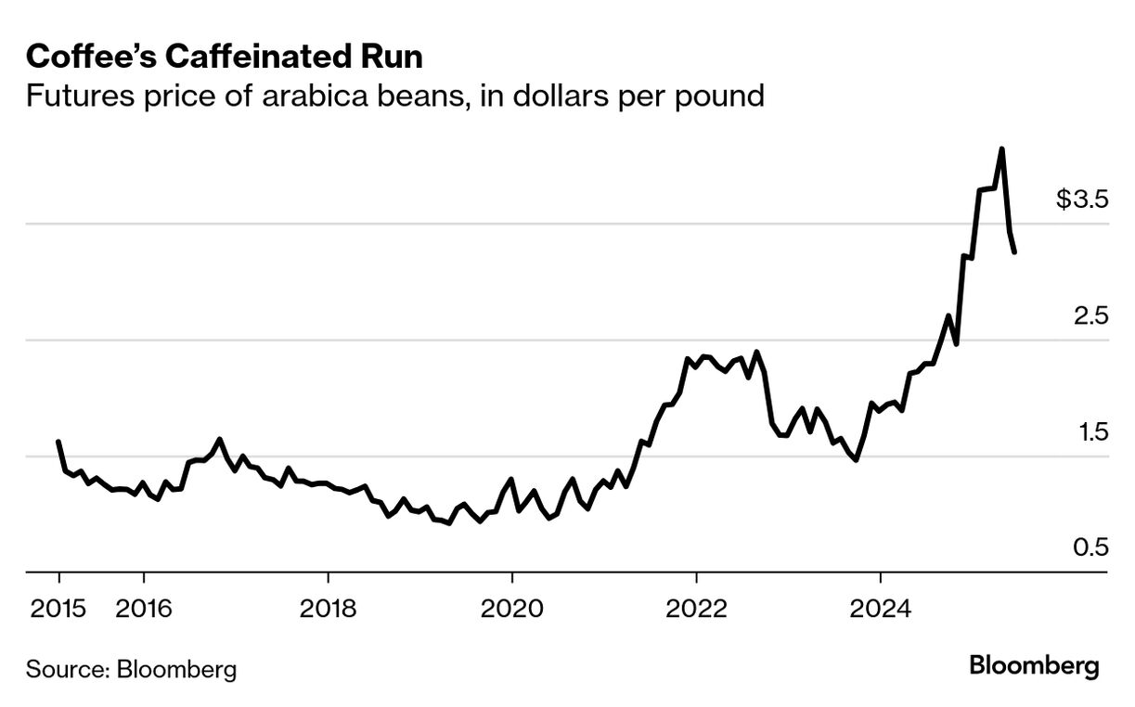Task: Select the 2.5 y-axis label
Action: [1091, 315]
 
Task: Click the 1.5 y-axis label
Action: [1091, 431]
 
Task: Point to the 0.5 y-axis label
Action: [1091, 547]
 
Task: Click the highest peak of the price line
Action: [1001, 148]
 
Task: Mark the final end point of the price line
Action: [1015, 251]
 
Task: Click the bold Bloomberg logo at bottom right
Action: [1034, 666]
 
